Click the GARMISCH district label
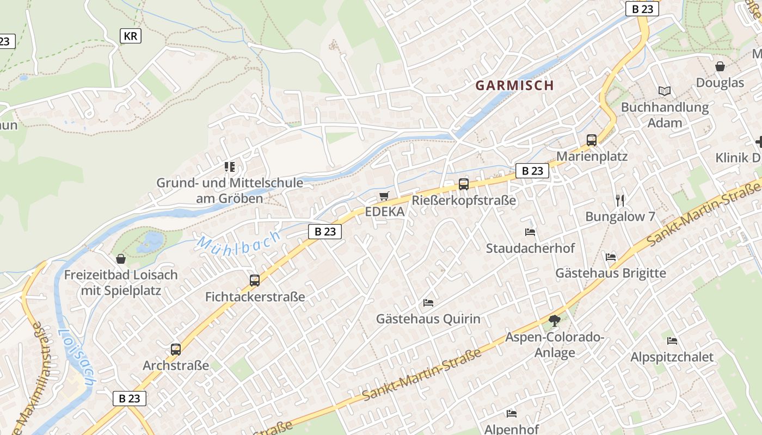[x=514, y=85]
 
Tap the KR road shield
[x=131, y=36]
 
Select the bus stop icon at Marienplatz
[x=592, y=140]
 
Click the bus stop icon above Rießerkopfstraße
[x=463, y=184]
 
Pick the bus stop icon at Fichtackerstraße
[x=255, y=281]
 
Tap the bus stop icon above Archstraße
[x=175, y=350]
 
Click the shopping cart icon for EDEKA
[x=384, y=196]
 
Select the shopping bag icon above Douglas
[x=720, y=67]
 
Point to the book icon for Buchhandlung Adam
[x=664, y=91]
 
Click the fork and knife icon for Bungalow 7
[x=619, y=200]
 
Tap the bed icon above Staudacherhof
[x=530, y=232]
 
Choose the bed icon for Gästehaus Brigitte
[x=611, y=257]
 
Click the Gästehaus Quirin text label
[x=428, y=319]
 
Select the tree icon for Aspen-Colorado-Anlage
[x=554, y=321]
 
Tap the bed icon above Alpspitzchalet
[x=672, y=341]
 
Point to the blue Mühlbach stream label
[x=239, y=241]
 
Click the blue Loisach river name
[x=77, y=357]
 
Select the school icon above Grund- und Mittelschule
[x=230, y=166]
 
